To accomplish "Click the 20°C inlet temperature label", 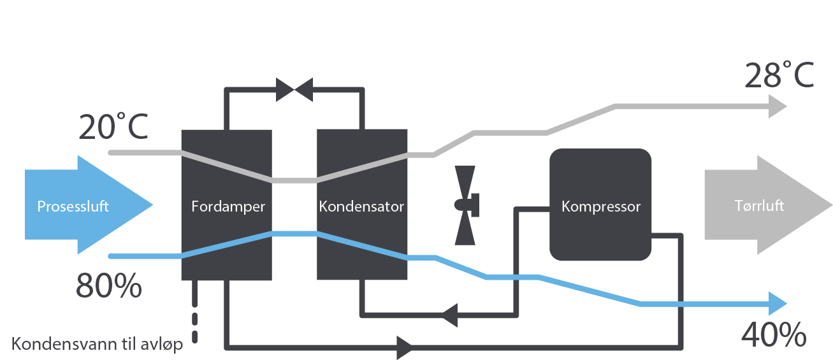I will tap(113, 127).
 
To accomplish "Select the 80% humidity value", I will tap(108, 287).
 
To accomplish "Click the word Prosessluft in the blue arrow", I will tap(73, 206).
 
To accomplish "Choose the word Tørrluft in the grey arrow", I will tap(758, 206).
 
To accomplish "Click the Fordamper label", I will tap(228, 206).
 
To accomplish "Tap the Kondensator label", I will tap(361, 206).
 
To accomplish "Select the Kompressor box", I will tap(600, 205).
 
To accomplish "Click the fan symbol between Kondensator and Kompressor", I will tap(466, 205).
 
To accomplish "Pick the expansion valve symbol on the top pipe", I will tap(294, 90).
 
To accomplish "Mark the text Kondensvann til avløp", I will tap(98, 345).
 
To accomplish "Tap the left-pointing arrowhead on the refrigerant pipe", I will tap(451, 313).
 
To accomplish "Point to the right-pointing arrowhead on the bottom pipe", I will tap(405, 347).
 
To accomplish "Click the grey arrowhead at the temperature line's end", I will tap(778, 106).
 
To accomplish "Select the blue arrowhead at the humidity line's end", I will tap(778, 303).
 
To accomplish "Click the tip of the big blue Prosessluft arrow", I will tap(152, 205).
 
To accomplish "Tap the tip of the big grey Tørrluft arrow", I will tap(830, 205).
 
